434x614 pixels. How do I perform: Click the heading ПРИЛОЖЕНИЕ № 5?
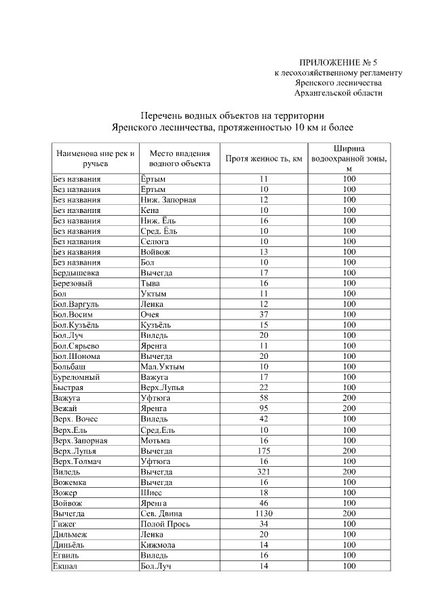pos(338,62)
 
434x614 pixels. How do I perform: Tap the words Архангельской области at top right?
pos(338,92)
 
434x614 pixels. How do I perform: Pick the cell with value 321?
pos(264,471)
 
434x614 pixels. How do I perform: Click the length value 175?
pos(264,450)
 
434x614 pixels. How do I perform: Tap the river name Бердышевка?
pos(75,273)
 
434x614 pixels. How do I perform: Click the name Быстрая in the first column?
pos(68,387)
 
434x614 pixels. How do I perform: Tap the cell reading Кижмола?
pos(158,545)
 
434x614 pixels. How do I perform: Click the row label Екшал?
pos(65,566)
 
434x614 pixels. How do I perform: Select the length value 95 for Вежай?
pos(264,408)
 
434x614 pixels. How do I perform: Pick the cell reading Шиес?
pos(151,492)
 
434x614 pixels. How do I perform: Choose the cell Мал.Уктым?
pos(162,366)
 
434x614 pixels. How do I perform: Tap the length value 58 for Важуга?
pos(264,398)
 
